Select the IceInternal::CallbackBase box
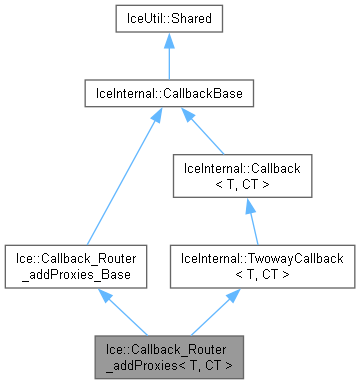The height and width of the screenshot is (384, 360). pyautogui.click(x=167, y=95)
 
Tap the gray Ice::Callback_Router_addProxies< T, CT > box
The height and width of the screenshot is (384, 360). pyautogui.click(x=167, y=355)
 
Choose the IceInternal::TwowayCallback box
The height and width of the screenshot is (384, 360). pyautogui.click(x=261, y=266)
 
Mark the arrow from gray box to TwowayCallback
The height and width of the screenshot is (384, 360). pyautogui.click(x=214, y=311)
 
